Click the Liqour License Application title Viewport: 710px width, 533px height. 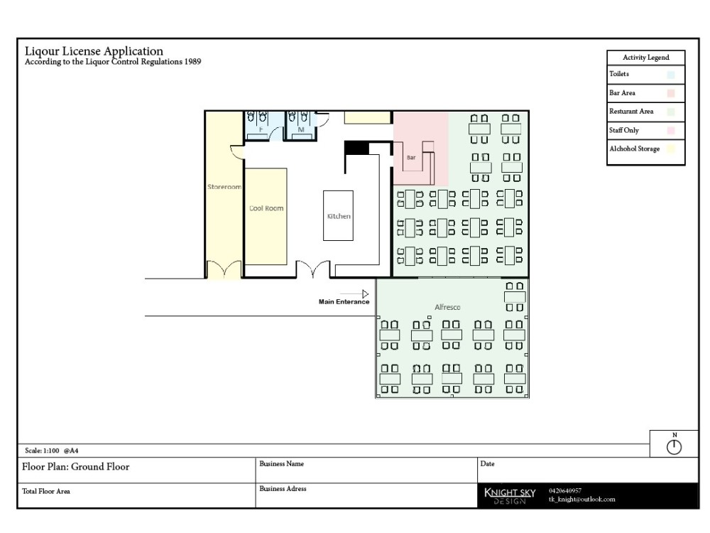tap(94, 51)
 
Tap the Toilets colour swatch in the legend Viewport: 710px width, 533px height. tap(671, 74)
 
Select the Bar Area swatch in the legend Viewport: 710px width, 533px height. tap(671, 93)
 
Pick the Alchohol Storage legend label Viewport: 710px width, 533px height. tap(634, 149)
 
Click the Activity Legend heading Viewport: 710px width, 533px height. tap(645, 58)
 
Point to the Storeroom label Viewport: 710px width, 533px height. tap(224, 187)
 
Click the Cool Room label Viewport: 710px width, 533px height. tap(266, 208)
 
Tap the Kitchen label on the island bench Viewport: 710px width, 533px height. tap(339, 216)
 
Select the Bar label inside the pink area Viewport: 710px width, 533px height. tap(411, 157)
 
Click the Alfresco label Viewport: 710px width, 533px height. tap(447, 307)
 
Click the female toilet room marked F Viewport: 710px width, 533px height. tap(261, 130)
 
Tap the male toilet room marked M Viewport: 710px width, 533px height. tap(300, 130)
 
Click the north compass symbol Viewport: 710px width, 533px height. tap(674, 447)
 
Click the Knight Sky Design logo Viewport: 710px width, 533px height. tap(509, 495)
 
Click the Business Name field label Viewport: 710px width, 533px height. tap(281, 464)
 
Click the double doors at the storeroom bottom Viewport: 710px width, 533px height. tap(224, 271)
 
